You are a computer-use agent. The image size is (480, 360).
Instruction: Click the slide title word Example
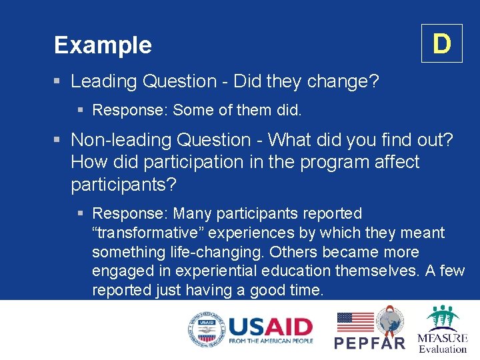103,45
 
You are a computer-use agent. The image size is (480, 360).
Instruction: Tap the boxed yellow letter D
441,44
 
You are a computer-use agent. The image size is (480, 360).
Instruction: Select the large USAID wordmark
270,327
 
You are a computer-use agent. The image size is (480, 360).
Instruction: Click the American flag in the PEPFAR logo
355,322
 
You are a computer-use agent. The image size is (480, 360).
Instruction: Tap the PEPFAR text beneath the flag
369,343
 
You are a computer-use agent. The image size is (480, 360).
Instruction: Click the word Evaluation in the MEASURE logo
443,348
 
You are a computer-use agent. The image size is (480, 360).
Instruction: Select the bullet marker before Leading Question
58,82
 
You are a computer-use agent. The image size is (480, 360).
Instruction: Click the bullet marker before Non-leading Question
58,140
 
